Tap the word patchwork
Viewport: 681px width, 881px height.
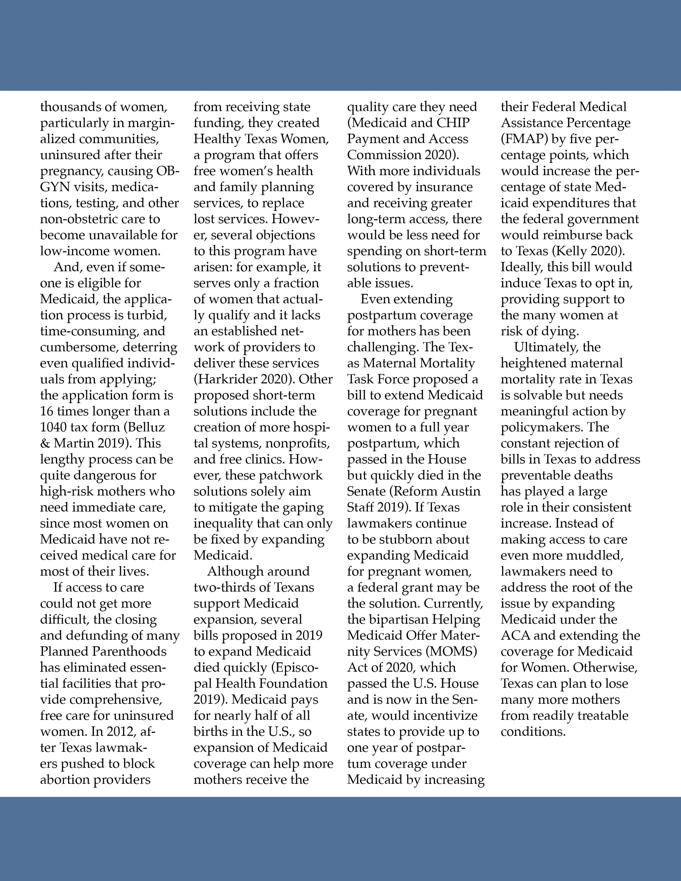290,475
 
